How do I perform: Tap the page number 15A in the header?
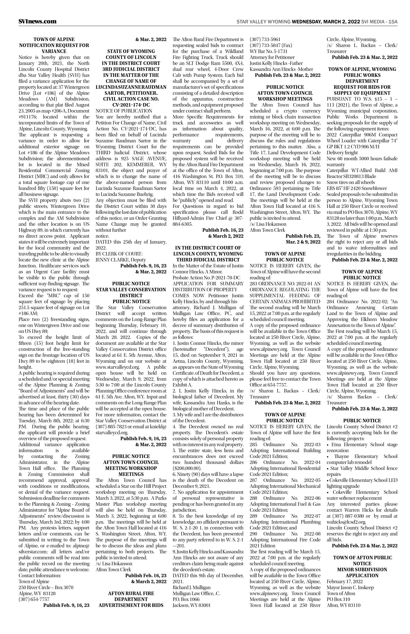click(393, 22)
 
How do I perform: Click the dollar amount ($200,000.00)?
click(187, 468)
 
